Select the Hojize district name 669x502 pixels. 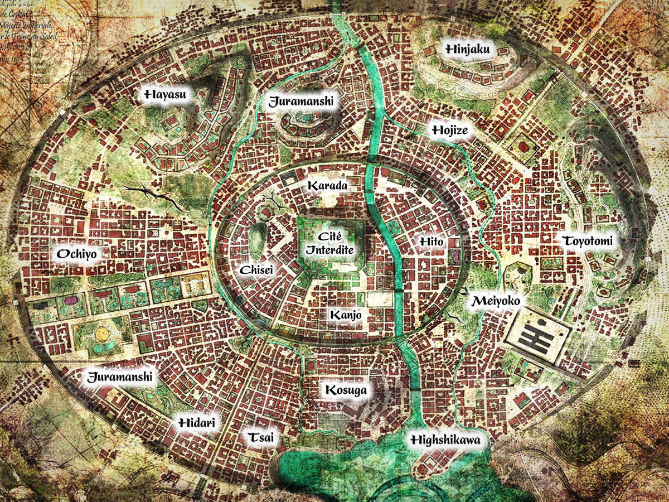click(449, 131)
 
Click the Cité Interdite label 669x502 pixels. click(329, 244)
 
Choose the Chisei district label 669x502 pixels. click(256, 271)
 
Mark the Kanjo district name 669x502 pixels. click(346, 315)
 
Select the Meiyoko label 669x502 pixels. click(496, 301)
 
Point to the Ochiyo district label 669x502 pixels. click(77, 254)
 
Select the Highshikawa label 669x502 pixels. click(445, 440)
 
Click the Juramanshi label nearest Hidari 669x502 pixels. click(120, 376)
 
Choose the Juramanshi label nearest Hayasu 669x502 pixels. click(301, 102)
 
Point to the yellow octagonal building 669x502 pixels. click(101, 334)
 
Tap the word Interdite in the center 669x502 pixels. click(329, 250)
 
